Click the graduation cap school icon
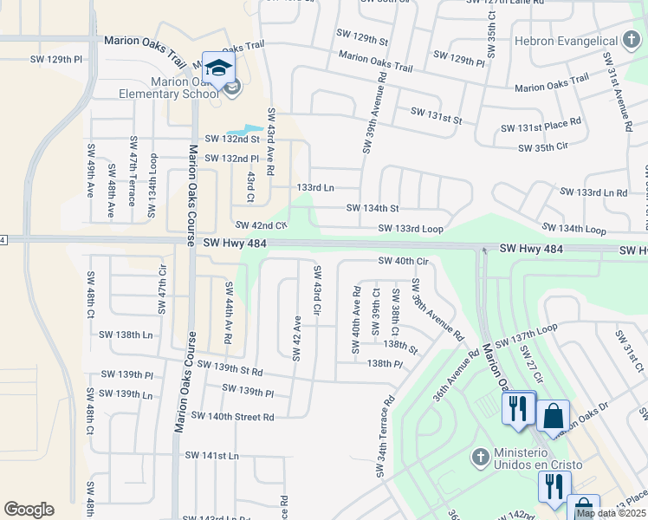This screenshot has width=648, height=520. (218, 68)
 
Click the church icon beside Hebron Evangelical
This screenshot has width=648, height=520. (633, 41)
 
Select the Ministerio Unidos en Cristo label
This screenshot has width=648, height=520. (537, 459)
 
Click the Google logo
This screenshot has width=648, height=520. (29, 510)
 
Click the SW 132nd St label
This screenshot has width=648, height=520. (232, 139)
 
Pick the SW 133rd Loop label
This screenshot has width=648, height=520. (411, 229)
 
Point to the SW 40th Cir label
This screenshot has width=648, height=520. (404, 261)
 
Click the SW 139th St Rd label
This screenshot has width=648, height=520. (230, 368)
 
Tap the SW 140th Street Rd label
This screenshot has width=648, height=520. (232, 417)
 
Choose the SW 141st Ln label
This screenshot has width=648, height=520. (211, 455)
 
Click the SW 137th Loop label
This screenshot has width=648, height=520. (548, 333)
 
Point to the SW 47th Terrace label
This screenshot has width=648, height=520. (133, 171)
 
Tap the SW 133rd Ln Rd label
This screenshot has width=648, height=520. (593, 192)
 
